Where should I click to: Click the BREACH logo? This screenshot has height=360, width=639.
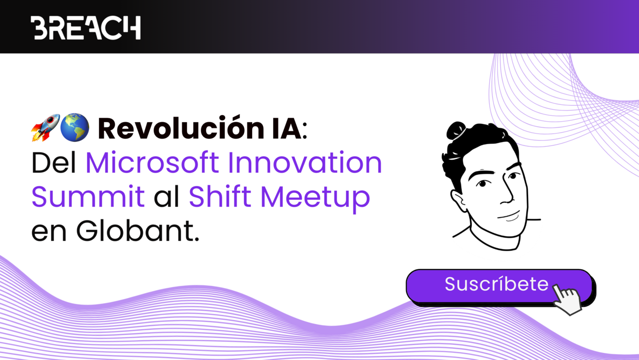tap(86, 28)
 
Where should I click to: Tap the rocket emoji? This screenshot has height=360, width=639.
tap(45, 128)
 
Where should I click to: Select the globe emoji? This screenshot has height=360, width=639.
tap(75, 128)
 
